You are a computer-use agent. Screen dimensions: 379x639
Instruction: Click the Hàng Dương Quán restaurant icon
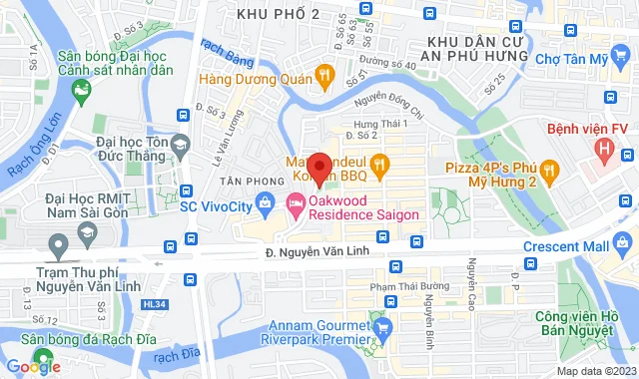click(x=323, y=74)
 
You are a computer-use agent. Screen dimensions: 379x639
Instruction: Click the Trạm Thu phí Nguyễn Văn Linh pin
click(x=60, y=243)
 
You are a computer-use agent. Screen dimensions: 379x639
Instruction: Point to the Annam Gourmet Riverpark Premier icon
click(x=378, y=323)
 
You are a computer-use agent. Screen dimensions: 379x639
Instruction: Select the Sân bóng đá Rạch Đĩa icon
click(x=42, y=356)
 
